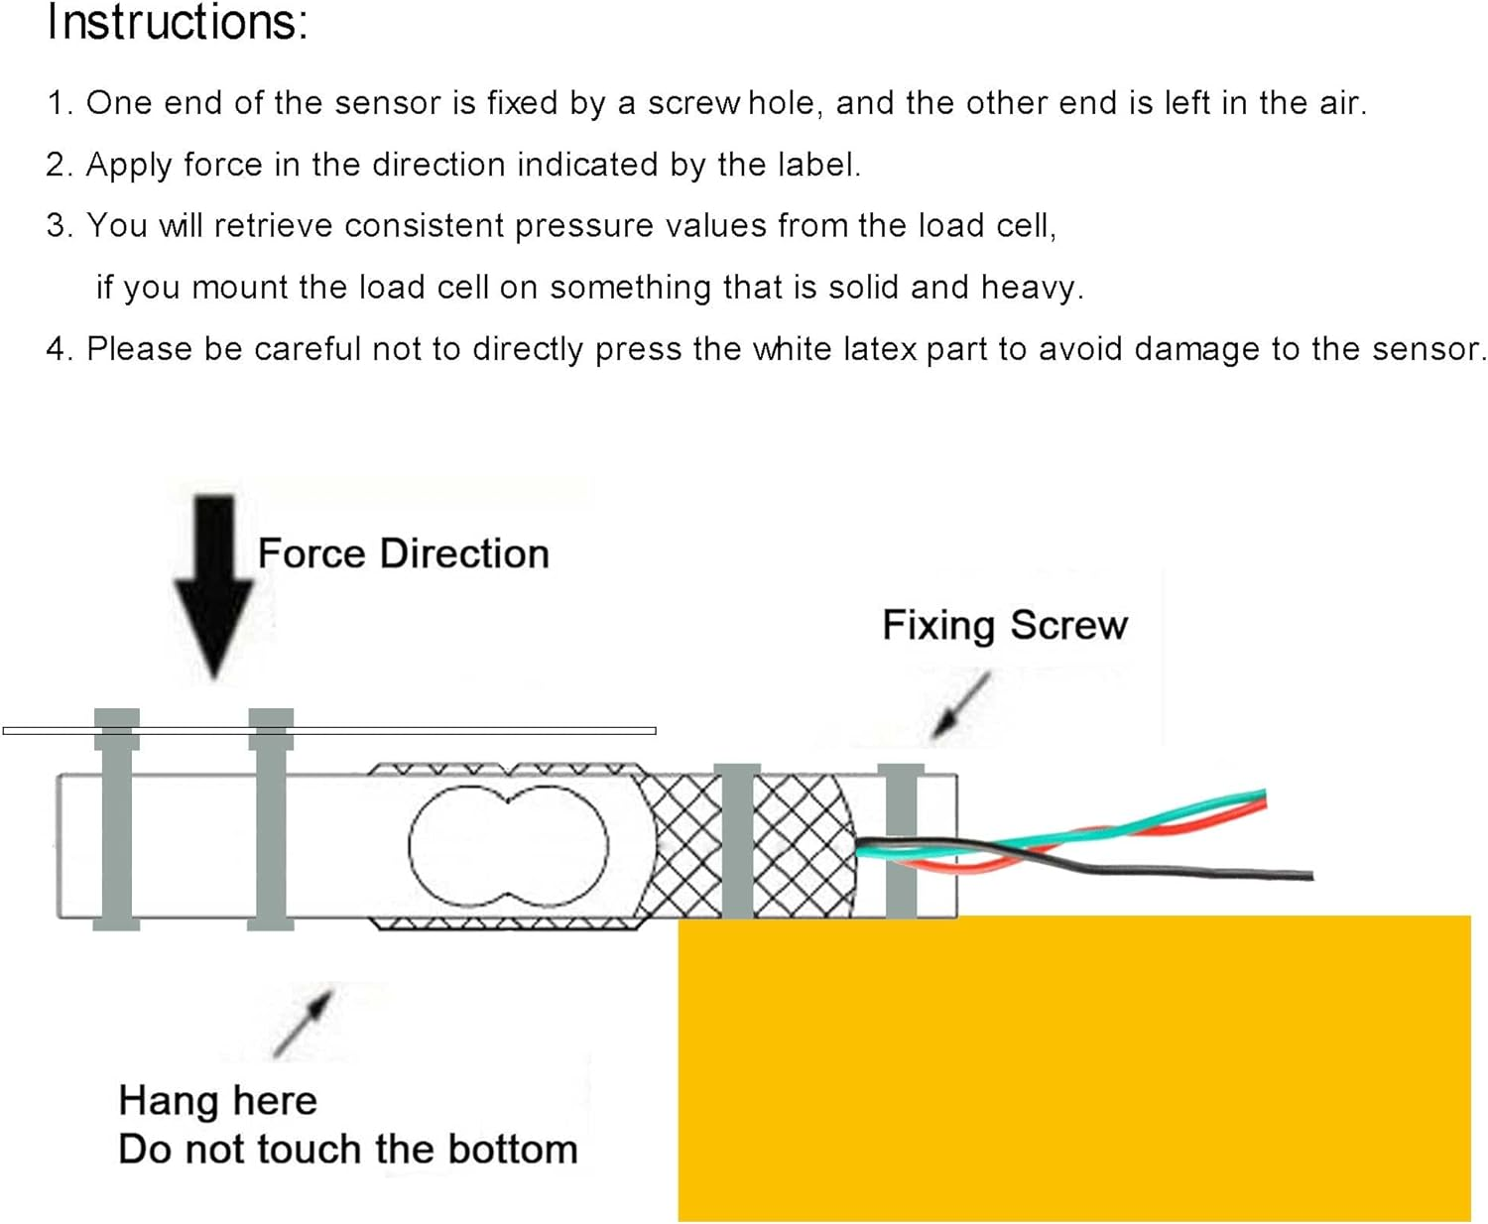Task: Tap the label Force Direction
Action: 403,553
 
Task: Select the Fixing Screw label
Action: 1004,625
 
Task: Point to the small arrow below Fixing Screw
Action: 960,706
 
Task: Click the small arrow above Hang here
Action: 303,1022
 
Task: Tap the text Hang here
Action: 217,1100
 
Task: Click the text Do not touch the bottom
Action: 347,1149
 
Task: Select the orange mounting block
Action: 1073,1066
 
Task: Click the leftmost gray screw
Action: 116,818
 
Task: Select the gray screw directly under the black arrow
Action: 270,818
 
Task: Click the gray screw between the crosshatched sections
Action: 737,841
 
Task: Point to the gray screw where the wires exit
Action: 901,841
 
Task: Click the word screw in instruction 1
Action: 692,102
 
